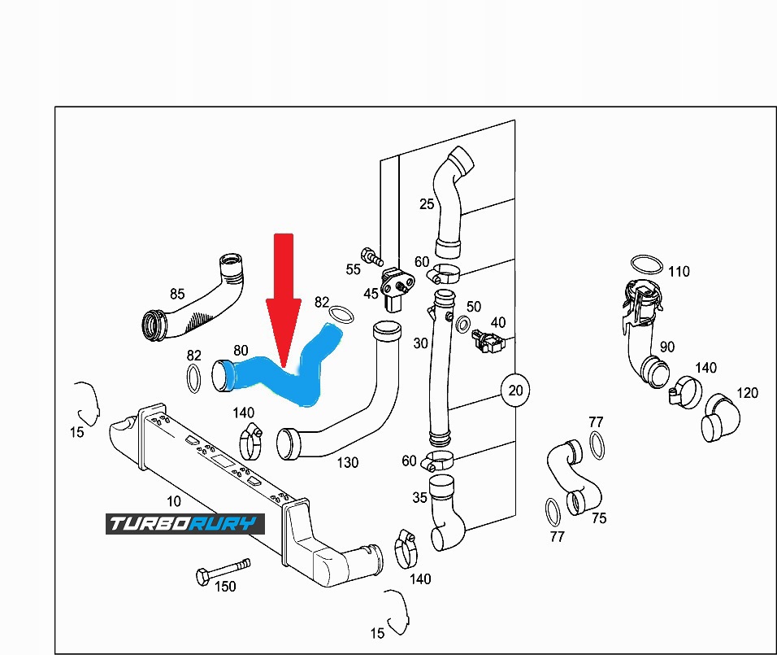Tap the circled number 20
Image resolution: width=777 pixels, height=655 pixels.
pyautogui.click(x=515, y=391)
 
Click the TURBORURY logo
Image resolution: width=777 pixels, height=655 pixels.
pyautogui.click(x=184, y=523)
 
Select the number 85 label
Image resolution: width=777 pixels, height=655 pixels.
pyautogui.click(x=177, y=294)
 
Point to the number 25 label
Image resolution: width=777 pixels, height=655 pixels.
pyautogui.click(x=427, y=204)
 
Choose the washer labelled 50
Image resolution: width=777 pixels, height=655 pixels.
pyautogui.click(x=462, y=325)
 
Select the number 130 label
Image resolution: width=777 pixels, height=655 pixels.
pyautogui.click(x=347, y=462)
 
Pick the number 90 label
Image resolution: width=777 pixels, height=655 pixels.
pyautogui.click(x=666, y=347)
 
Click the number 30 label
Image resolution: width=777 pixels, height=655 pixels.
pyautogui.click(x=420, y=343)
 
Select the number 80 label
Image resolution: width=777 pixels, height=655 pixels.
pyautogui.click(x=241, y=352)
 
